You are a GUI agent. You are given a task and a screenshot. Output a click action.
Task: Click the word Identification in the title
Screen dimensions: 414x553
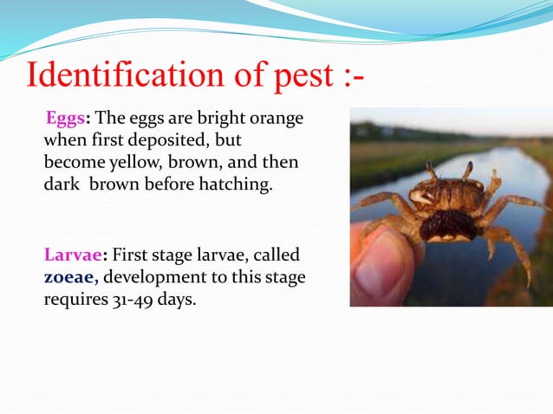click(123, 75)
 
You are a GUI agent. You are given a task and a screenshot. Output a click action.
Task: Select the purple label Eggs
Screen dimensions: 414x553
click(63, 118)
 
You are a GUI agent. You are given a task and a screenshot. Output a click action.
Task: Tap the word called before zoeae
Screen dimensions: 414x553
click(276, 256)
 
